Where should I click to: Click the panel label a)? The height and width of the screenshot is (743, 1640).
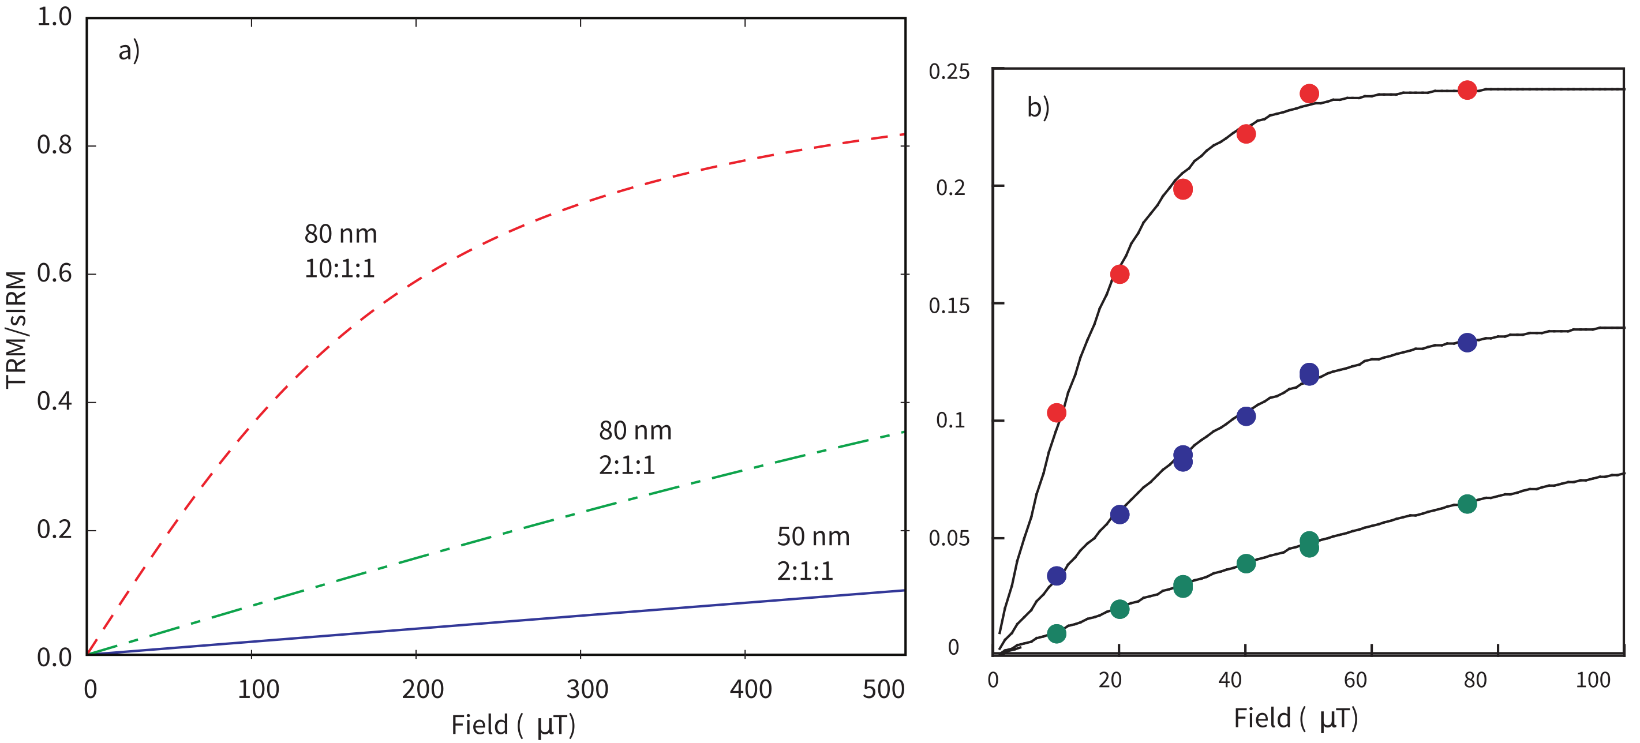(129, 51)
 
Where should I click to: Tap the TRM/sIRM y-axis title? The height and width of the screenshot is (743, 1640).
(17, 329)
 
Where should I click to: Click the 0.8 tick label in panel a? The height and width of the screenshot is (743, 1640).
(54, 145)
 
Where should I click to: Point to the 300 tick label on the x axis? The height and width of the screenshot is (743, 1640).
(586, 689)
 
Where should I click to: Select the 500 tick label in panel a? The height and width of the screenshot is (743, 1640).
(883, 689)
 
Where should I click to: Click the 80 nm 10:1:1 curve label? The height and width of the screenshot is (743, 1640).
(340, 251)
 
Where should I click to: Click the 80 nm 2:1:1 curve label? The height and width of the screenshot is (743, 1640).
(635, 448)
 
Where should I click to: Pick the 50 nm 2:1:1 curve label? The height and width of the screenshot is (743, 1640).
(813, 553)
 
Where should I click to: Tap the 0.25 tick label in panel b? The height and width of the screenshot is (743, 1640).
(949, 72)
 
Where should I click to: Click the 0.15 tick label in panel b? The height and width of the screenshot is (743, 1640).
(949, 306)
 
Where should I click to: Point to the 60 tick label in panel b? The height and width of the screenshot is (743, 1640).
(1356, 681)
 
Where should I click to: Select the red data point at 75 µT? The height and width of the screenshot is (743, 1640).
(1467, 90)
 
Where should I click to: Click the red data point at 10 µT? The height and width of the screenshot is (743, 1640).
(1056, 412)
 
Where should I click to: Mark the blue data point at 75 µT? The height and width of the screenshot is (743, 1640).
(1467, 343)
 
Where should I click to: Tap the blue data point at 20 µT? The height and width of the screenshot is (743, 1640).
(1119, 515)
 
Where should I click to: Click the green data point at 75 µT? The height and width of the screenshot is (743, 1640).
(1467, 504)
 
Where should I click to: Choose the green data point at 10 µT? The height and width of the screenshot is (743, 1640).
(1056, 633)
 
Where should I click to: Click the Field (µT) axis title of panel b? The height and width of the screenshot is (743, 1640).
(1295, 719)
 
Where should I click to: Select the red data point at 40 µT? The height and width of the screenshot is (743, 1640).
(1246, 134)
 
